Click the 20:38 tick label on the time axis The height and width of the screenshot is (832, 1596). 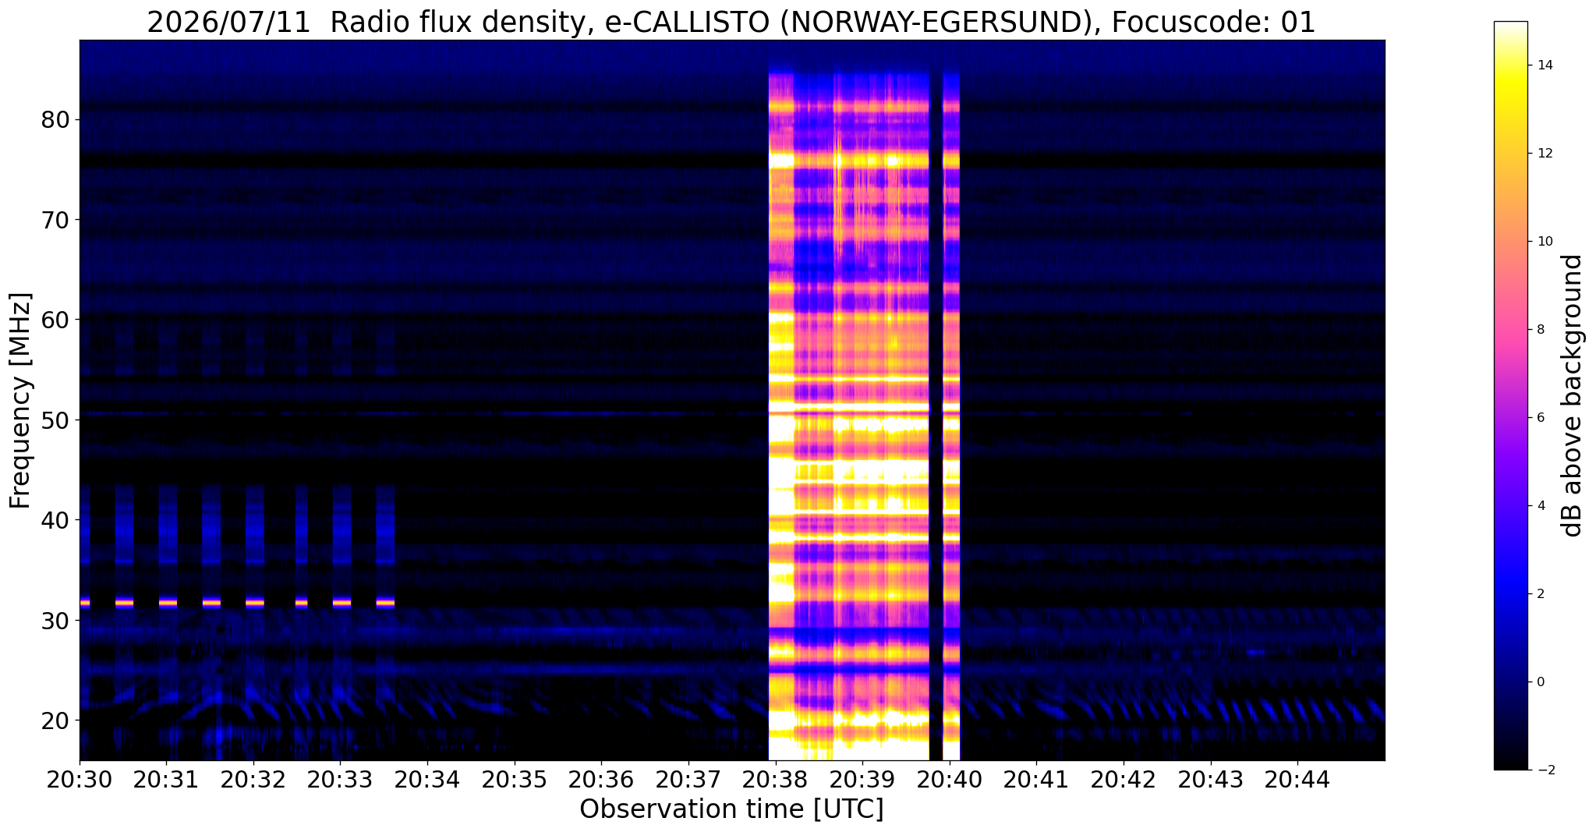pos(775,781)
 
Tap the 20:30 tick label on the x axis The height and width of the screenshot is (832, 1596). pos(79,781)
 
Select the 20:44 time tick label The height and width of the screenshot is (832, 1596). pos(1297,781)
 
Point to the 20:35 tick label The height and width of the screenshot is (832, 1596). pos(514,781)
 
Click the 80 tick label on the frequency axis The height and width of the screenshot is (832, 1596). pos(56,120)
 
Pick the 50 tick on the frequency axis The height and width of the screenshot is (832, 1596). pos(56,420)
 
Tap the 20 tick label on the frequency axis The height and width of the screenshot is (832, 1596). pos(56,720)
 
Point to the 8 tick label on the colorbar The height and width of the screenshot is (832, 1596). pos(1541,329)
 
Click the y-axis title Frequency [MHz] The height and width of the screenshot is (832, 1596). pos(21,401)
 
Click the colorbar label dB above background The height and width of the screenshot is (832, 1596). pos(1573,395)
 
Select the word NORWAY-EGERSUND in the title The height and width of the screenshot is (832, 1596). pos(937,23)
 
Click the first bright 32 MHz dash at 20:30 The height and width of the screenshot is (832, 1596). pos(85,602)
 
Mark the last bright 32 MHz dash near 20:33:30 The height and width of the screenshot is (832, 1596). pos(385,602)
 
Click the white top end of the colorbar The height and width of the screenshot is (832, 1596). pos(1510,23)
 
